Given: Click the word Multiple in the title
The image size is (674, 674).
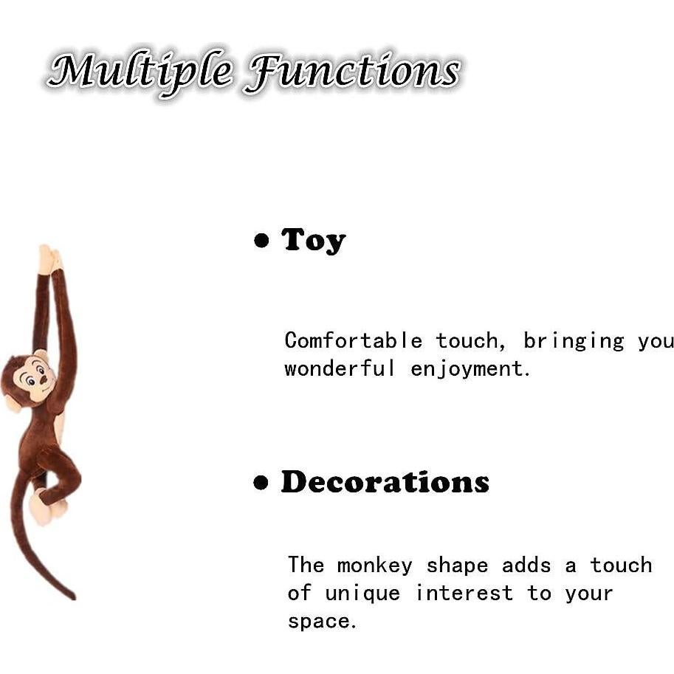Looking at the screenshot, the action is coord(141,71).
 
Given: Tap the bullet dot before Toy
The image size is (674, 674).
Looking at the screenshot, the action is coord(261,240).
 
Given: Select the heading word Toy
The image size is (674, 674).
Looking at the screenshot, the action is coord(313,241).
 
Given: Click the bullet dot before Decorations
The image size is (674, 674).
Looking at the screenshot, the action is coord(261,482).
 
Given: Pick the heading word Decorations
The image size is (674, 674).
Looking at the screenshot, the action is coord(385,482).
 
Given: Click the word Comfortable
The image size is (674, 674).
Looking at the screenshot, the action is coord(354,340).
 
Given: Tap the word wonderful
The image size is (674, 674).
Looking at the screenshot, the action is coord(339,369).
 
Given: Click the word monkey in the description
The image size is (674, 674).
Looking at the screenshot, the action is coord(374,566).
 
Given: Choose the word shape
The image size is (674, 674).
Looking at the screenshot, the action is coord(457,566).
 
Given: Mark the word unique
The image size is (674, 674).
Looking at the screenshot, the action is coord(362,594).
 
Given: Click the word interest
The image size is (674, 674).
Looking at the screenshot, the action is coord(464,594).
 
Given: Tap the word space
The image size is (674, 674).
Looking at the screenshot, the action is coord(322,622).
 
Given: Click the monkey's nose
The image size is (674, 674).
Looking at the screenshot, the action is coord(44,379).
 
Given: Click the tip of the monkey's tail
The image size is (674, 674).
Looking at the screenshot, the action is coord(73,596).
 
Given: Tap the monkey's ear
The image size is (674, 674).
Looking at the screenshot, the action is coord(12,403).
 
